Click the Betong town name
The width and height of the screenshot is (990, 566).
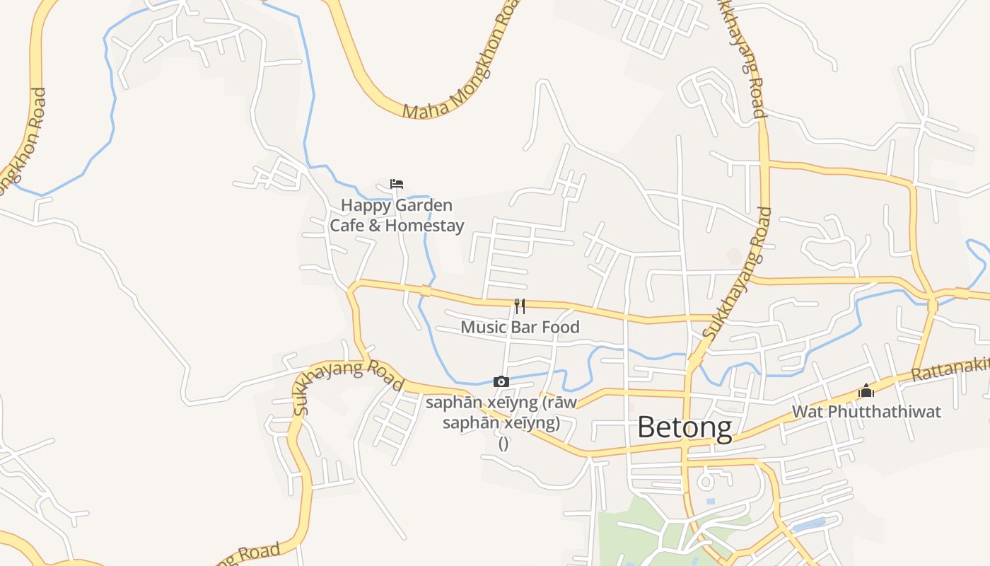(684, 427)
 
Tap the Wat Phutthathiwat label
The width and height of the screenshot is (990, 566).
(866, 411)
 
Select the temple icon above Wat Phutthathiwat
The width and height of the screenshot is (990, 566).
(866, 391)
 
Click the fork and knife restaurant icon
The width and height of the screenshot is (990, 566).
(520, 306)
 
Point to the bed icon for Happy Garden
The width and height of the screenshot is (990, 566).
(397, 184)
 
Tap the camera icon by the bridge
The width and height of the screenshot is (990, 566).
(501, 382)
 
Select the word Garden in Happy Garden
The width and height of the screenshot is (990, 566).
(423, 205)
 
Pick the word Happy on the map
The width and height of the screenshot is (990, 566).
(365, 205)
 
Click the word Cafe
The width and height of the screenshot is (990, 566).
(346, 226)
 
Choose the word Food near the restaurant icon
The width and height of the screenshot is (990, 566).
(560, 327)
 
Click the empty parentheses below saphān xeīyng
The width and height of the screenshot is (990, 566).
(503, 444)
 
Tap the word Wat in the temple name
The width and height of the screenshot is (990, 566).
(807, 411)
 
